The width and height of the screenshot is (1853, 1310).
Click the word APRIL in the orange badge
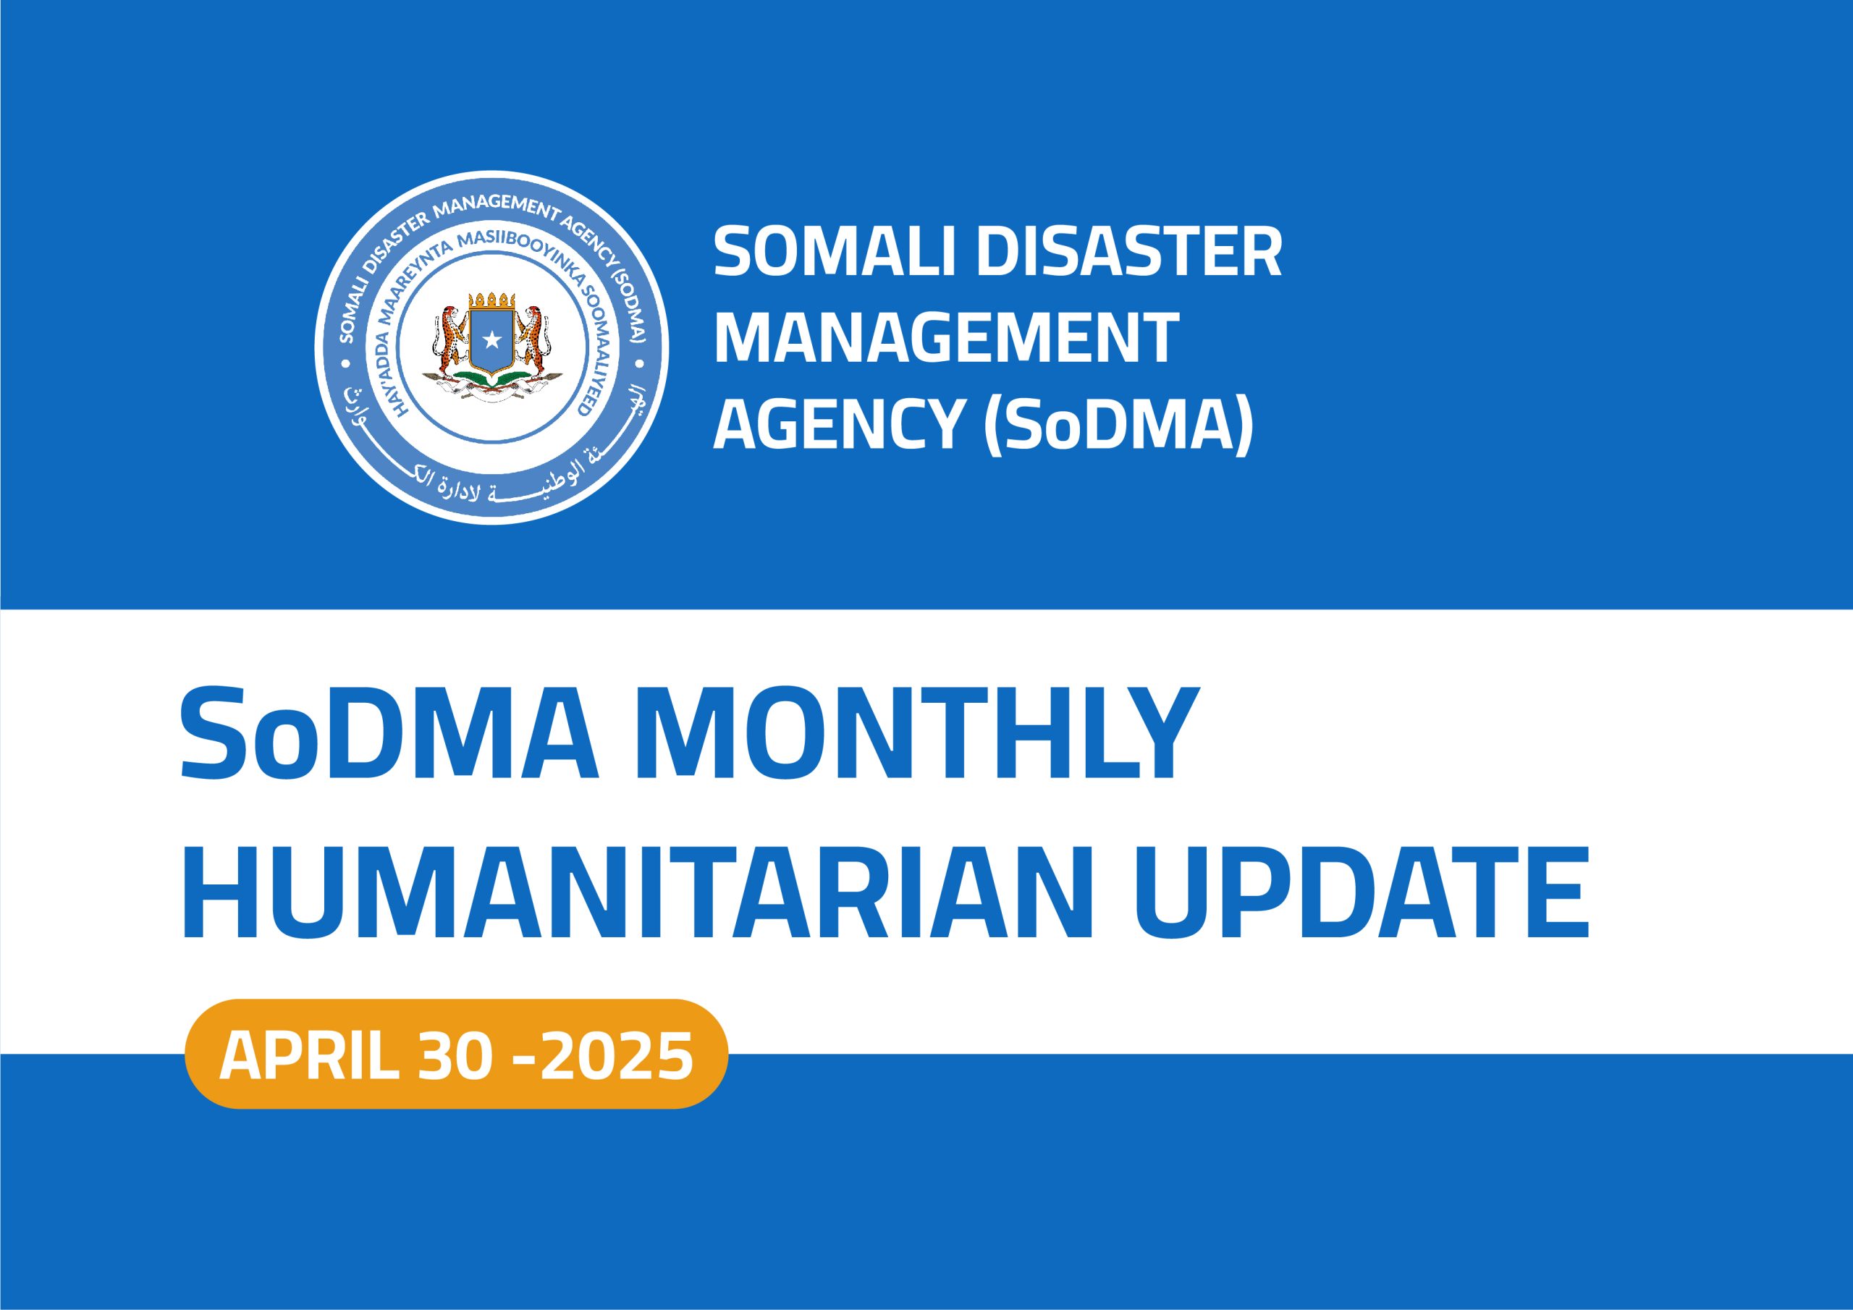[309, 1057]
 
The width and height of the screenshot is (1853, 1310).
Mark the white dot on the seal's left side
[347, 365]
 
